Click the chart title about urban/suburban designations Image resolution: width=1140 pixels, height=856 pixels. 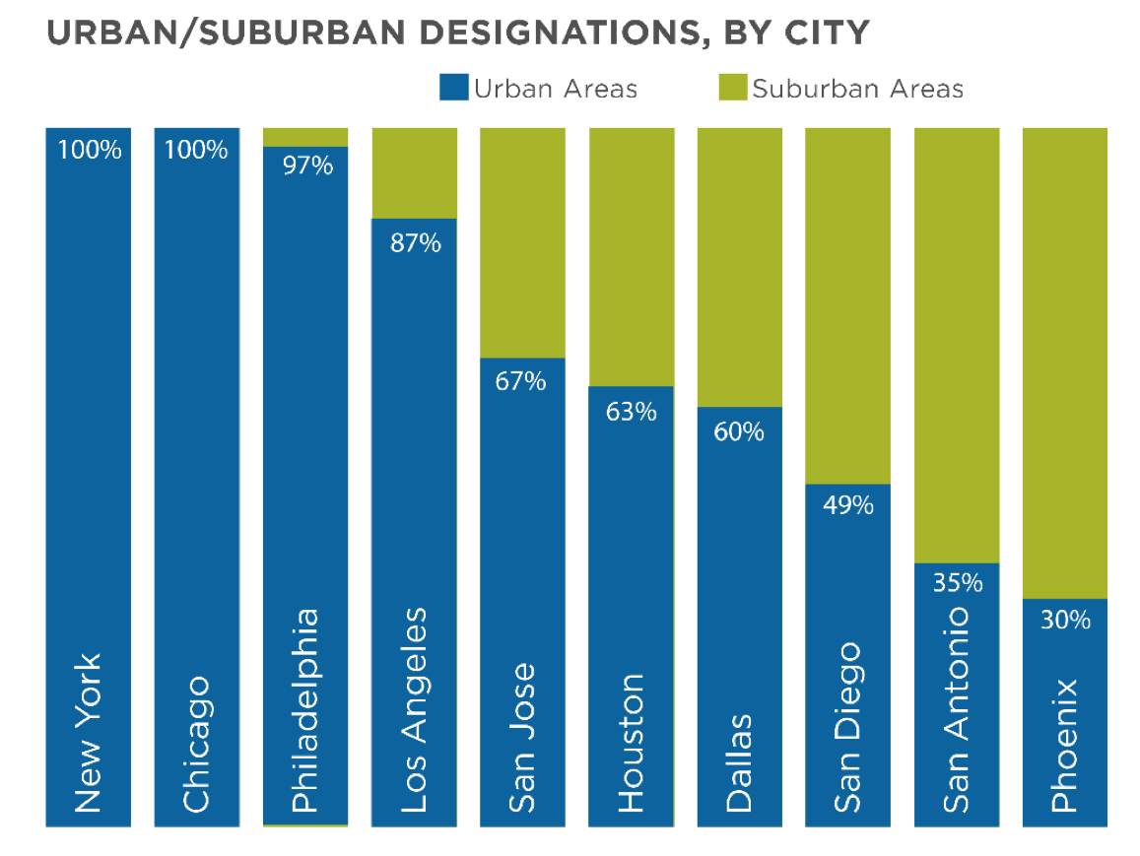(457, 33)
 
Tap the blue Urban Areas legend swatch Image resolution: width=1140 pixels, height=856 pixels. (454, 88)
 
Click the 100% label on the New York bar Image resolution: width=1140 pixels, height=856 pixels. (89, 151)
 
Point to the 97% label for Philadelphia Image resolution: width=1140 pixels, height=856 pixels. (306, 165)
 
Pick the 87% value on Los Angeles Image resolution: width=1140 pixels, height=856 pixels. (415, 242)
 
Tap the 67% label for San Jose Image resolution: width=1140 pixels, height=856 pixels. (521, 381)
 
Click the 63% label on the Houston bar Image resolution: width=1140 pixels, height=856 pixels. (631, 411)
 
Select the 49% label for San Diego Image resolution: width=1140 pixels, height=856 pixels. (848, 505)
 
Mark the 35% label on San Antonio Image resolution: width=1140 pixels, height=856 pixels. (958, 583)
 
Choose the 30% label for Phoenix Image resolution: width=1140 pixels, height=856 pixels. (1065, 621)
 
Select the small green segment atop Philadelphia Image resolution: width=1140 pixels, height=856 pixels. (305, 136)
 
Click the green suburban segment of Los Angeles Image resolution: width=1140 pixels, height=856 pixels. (415, 171)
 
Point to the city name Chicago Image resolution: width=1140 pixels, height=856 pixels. (196, 744)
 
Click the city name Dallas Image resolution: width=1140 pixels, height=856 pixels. (739, 763)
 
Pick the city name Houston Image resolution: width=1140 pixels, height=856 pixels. (631, 743)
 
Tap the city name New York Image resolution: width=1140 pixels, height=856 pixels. (88, 733)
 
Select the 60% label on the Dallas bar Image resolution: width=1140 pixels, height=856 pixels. (739, 431)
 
